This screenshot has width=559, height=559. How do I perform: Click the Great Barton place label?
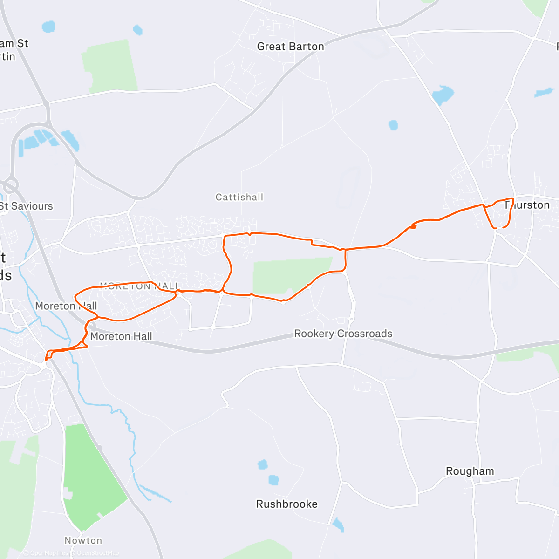click(290, 47)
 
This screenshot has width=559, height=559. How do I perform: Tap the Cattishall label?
click(239, 197)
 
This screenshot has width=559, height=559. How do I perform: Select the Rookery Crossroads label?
click(343, 334)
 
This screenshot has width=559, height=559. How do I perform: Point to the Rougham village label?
click(470, 471)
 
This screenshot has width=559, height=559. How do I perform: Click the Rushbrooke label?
click(287, 504)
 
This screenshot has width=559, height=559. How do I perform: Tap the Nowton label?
click(83, 540)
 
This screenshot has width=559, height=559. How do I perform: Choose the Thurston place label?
click(528, 205)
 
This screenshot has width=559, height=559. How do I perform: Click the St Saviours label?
click(27, 206)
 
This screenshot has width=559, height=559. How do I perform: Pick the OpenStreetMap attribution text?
click(97, 553)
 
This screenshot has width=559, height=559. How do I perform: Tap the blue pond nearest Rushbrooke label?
click(274, 479)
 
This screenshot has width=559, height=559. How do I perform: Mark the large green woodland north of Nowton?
click(91, 480)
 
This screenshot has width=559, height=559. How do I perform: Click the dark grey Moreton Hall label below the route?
click(121, 336)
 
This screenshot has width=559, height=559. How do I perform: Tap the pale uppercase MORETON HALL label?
click(139, 286)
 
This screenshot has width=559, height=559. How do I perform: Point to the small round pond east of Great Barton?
click(393, 125)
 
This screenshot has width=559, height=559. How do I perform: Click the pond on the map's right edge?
click(544, 92)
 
